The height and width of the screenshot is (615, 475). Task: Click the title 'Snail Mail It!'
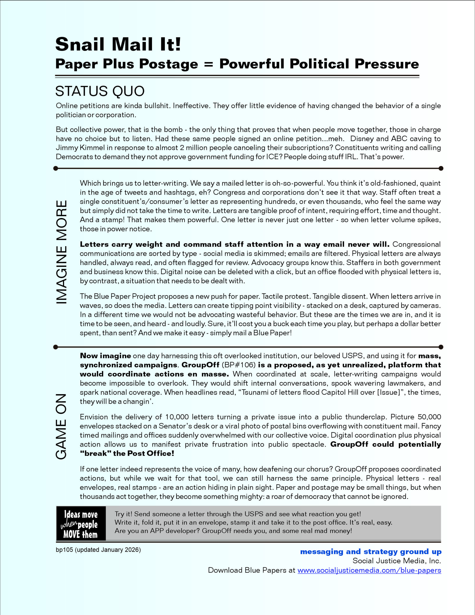[x=118, y=44]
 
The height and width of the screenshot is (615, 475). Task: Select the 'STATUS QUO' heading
[x=100, y=91]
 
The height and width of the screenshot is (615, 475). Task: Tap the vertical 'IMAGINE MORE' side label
[x=62, y=252]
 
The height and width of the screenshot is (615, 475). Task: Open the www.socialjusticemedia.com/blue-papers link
[x=369, y=570]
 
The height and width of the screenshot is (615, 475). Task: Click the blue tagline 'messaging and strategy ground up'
[x=371, y=552]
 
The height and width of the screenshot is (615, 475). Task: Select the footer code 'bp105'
[x=64, y=550]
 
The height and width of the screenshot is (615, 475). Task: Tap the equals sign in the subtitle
[x=209, y=64]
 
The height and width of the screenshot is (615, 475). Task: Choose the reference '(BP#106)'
[x=238, y=365]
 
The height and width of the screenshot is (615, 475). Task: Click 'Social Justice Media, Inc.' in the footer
[x=396, y=561]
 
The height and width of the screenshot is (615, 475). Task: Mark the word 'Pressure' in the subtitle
[x=387, y=64]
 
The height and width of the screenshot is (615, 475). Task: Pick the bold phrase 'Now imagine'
[x=105, y=356]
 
